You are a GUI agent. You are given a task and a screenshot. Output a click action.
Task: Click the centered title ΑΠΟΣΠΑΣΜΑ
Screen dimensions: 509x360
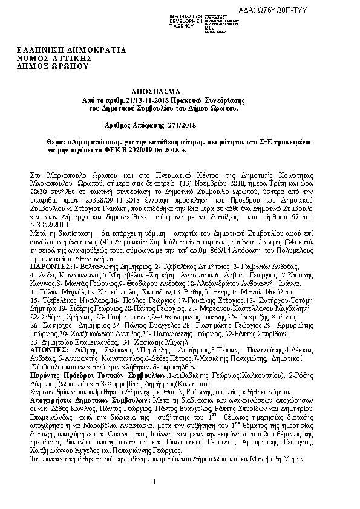coord(163,90)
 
